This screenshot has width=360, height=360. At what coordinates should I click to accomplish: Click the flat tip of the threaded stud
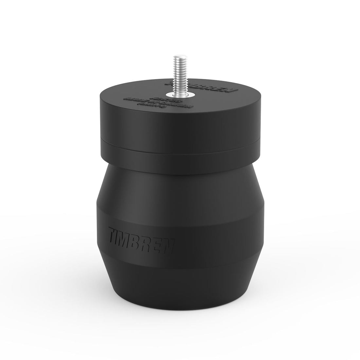(180, 57)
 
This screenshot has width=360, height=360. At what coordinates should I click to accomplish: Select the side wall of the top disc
(180, 129)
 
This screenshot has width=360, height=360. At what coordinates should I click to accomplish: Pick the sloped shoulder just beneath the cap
(180, 177)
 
